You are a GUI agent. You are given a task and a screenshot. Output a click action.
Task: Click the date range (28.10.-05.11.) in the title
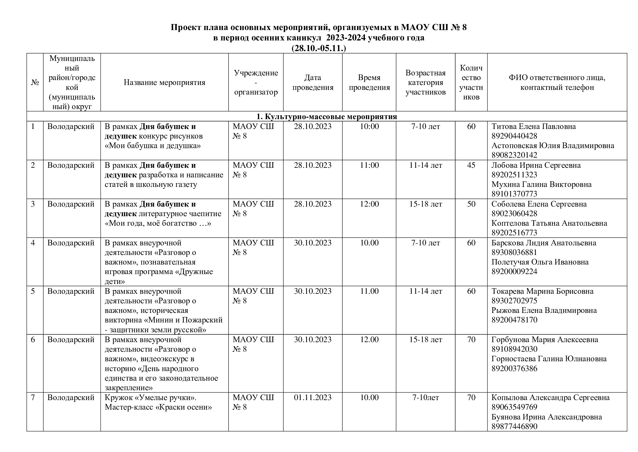point(319,48)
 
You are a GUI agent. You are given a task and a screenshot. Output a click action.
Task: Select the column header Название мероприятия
point(164,82)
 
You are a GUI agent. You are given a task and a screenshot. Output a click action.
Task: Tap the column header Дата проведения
point(313,82)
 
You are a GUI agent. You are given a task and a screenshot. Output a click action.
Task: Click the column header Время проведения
point(369,82)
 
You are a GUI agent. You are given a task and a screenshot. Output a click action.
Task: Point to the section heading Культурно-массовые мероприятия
point(327,116)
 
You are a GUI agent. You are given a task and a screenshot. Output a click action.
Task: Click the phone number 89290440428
point(514,136)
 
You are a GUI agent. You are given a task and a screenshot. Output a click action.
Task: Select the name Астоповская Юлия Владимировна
point(553,146)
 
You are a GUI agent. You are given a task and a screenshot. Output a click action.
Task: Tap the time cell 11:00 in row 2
point(369,165)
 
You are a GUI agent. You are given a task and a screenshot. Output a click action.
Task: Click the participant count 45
point(471,165)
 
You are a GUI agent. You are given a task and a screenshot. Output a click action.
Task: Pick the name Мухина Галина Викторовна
point(541,184)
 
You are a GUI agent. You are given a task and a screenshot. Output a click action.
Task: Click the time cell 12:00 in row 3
point(369,204)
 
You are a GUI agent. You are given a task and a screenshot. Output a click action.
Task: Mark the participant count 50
point(471,204)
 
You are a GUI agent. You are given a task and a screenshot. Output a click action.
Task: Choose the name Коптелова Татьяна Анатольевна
point(549,223)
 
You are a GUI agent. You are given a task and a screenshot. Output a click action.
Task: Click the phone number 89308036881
point(514,253)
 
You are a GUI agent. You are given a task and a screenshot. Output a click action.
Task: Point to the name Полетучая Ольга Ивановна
point(540,262)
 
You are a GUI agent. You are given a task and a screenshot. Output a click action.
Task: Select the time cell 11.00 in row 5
point(369,291)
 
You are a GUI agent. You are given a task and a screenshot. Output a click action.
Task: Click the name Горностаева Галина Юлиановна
point(549,359)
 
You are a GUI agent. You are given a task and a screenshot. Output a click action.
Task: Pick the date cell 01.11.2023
point(313,397)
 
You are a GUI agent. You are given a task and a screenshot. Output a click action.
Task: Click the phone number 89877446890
point(514,426)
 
